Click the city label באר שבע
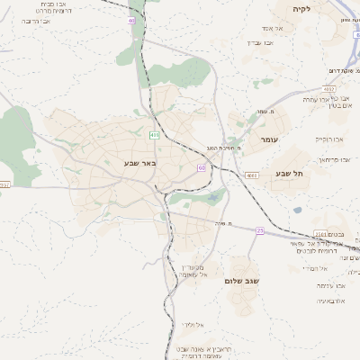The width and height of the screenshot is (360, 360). [x=141, y=163]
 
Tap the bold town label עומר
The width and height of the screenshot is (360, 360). [x=269, y=140]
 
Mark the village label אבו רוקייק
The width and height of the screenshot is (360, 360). [x=329, y=139]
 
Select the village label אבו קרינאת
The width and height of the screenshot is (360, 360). [x=331, y=158]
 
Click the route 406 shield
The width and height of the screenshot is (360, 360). [x=155, y=135]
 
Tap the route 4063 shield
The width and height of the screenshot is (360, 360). [x=251, y=175]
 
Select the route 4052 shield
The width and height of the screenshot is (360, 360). [x=330, y=89]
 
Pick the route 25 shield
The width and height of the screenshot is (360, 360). [x=259, y=231]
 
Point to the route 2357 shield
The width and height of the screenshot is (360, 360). [x=5, y=184]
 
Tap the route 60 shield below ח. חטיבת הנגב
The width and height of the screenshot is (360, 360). [x=202, y=167]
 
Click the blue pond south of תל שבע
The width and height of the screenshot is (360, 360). [x=297, y=211]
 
